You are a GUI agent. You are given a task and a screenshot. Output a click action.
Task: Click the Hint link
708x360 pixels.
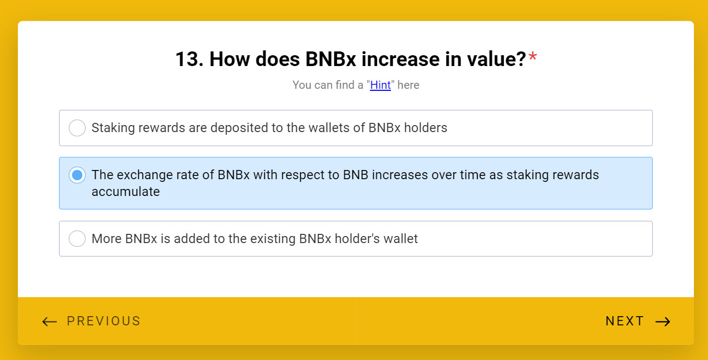tap(380, 85)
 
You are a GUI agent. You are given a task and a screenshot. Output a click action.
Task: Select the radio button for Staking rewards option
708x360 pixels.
tap(77, 128)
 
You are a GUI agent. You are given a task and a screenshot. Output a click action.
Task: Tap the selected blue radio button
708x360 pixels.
tap(77, 175)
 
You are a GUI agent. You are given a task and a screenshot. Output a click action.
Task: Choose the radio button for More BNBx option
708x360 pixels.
tap(77, 238)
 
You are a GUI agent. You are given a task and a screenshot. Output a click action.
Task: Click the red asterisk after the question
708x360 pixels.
tap(532, 56)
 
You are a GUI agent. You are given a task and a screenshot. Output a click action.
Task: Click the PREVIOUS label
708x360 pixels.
tap(103, 321)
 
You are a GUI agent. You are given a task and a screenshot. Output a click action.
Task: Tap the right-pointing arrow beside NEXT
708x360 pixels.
tap(663, 322)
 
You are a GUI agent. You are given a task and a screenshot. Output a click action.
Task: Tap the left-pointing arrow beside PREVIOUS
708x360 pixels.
tap(50, 322)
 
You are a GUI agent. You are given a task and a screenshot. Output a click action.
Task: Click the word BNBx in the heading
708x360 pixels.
tap(330, 59)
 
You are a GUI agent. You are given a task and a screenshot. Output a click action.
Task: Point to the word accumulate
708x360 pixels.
tap(126, 192)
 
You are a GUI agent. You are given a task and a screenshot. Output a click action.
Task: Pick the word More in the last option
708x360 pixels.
tap(107, 239)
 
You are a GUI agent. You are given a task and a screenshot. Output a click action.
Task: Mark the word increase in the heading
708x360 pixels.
tap(400, 59)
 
